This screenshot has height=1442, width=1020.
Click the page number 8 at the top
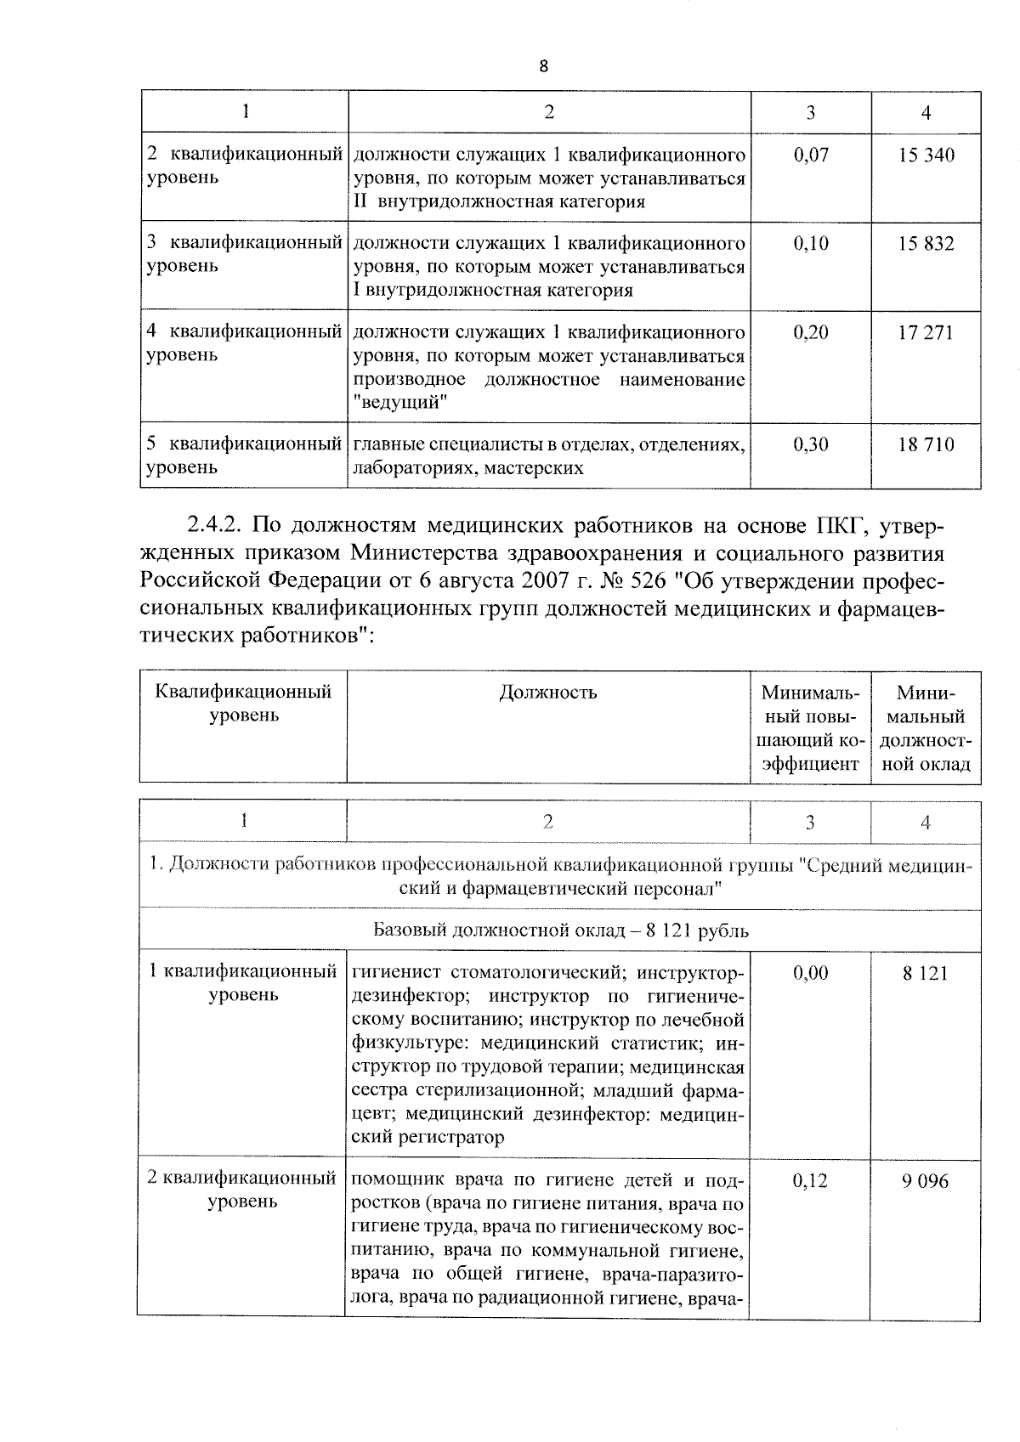pos(543,67)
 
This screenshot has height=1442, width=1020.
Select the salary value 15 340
pos(926,156)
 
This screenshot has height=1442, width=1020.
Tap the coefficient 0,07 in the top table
pos(810,156)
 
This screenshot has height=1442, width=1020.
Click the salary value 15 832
pos(926,244)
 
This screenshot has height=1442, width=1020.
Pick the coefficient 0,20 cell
pos(810,332)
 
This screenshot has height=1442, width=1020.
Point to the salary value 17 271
pos(926,332)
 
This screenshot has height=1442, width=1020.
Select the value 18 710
pos(926,444)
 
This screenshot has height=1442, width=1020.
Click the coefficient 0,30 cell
pos(810,444)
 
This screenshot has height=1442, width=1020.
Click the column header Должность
pos(547,693)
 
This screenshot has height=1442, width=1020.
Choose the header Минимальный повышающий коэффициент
pos(810,727)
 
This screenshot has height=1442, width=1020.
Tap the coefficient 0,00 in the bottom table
pos(810,974)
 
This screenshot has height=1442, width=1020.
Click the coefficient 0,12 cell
pos(809,1181)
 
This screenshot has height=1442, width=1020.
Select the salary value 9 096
pos(926,1181)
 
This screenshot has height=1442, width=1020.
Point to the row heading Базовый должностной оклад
pos(561,930)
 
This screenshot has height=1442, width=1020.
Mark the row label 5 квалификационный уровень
pos(243,455)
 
